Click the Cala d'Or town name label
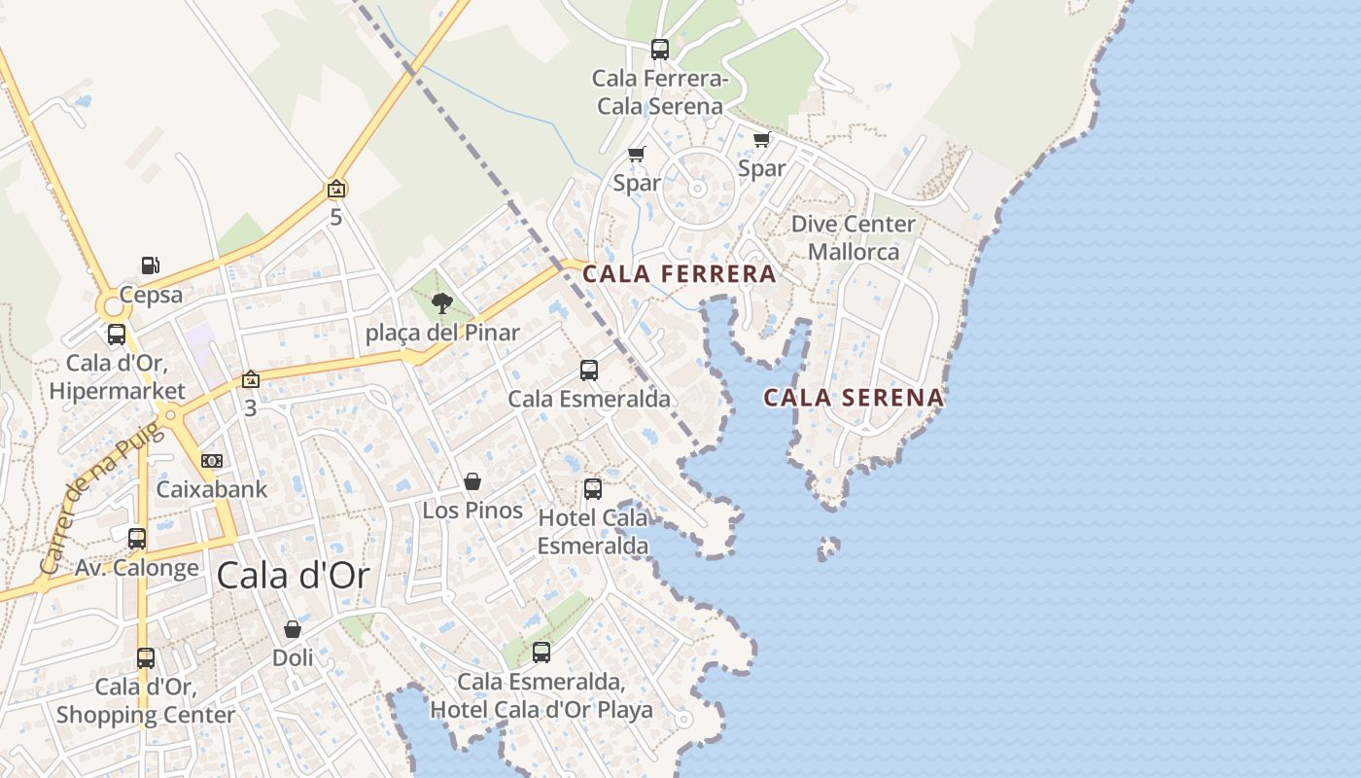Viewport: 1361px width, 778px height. click(x=293, y=576)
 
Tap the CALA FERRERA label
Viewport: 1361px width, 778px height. click(x=680, y=274)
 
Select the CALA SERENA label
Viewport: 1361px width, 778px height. click(x=854, y=397)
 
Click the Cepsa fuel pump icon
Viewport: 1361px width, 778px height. click(x=151, y=265)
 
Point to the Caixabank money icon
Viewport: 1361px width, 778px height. click(x=211, y=460)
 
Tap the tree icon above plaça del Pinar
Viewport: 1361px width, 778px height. click(x=442, y=303)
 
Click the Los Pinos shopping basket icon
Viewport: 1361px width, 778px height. click(x=472, y=481)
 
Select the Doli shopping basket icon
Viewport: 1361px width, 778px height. click(x=293, y=629)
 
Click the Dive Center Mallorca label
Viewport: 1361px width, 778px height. click(x=854, y=238)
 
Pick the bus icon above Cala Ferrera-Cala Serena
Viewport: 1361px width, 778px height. click(x=660, y=49)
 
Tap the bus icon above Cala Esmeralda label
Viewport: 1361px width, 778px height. click(x=589, y=370)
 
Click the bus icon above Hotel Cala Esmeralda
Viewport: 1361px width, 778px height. click(x=593, y=488)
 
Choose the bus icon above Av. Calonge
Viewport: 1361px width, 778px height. click(x=137, y=538)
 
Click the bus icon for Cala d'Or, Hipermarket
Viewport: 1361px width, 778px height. click(x=117, y=335)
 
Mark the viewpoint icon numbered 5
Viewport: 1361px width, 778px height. click(x=336, y=189)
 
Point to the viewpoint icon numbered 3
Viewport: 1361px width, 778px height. click(x=251, y=379)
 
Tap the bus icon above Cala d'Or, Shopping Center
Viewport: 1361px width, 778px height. click(x=146, y=657)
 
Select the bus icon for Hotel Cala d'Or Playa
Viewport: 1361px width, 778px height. click(x=541, y=652)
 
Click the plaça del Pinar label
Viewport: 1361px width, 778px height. click(x=442, y=334)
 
